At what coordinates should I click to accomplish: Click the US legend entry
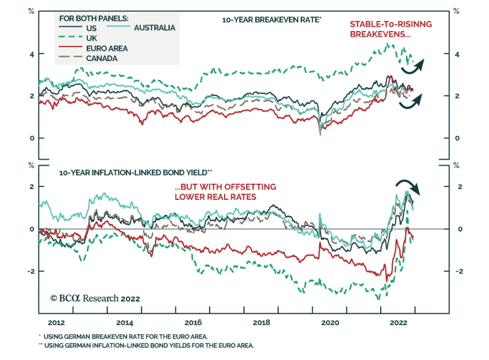(x=91, y=28)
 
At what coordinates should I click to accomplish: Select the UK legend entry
(x=91, y=38)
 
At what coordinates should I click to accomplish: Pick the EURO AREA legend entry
(x=107, y=48)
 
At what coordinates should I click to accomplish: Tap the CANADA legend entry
(x=101, y=58)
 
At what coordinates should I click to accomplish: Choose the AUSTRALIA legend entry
(x=154, y=28)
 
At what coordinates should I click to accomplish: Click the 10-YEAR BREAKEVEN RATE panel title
(x=271, y=20)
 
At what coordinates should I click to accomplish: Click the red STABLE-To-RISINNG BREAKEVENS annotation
(x=391, y=29)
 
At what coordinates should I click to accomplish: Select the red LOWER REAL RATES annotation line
(x=215, y=197)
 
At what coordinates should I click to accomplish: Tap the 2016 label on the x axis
(x=193, y=322)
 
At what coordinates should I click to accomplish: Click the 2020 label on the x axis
(x=330, y=322)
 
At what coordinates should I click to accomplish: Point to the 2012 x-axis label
(x=56, y=322)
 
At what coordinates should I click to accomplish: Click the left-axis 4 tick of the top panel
(x=32, y=55)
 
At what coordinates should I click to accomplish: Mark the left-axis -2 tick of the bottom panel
(x=31, y=271)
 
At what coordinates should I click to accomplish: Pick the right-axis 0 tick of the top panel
(x=457, y=138)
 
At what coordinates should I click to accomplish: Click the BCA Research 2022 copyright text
(x=95, y=298)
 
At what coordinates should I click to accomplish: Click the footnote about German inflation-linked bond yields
(x=149, y=346)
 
